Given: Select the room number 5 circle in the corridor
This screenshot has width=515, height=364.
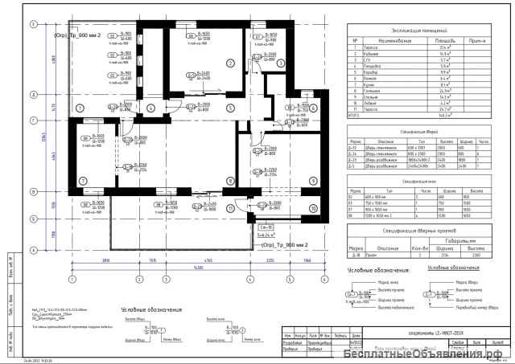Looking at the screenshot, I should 229,106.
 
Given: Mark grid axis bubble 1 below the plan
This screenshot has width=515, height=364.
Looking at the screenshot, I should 72,279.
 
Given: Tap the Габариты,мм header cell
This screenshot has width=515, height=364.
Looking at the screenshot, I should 457,239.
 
